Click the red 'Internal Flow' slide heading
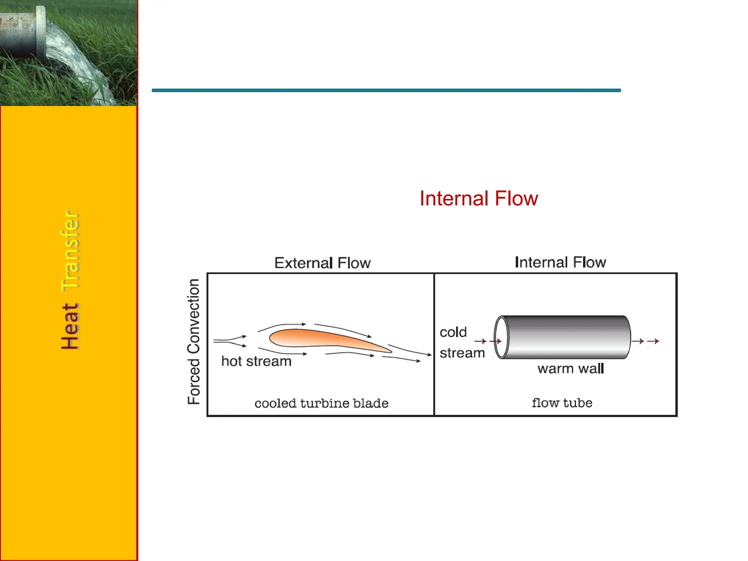(478, 199)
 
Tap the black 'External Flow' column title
(323, 263)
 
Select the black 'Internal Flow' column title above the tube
(560, 262)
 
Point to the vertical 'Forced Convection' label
(194, 341)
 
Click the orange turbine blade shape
(321, 338)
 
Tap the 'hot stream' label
(256, 361)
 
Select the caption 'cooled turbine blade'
(321, 403)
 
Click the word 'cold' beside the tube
(453, 332)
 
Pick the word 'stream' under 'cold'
(462, 353)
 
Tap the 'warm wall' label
(570, 369)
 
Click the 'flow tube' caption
(562, 403)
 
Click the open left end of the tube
(501, 337)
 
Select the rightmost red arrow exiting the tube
(653, 341)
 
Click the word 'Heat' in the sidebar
(70, 326)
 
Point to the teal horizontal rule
(386, 90)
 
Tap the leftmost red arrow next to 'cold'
(480, 341)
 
